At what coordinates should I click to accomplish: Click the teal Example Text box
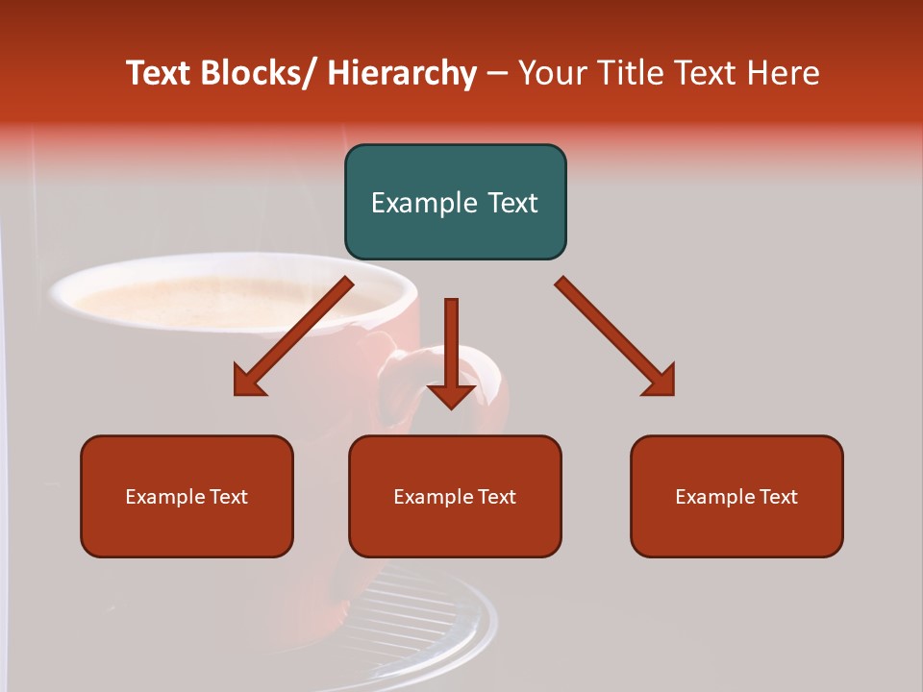(455, 202)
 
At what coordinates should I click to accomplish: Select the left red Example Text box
(187, 496)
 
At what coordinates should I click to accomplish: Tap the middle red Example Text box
(455, 496)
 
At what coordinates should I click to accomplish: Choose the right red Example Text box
(736, 496)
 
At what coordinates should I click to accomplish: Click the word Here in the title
(785, 73)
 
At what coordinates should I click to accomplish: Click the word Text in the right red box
(779, 496)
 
